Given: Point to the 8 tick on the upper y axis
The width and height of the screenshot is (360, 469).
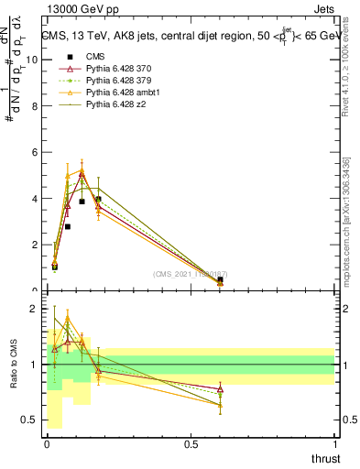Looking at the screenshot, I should click(x=34, y=105).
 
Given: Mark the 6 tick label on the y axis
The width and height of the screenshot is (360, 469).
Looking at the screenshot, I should click(x=34, y=152).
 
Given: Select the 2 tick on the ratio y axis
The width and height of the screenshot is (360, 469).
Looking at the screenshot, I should click(x=34, y=309).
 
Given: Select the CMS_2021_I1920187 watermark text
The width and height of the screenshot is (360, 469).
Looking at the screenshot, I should click(x=191, y=274).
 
